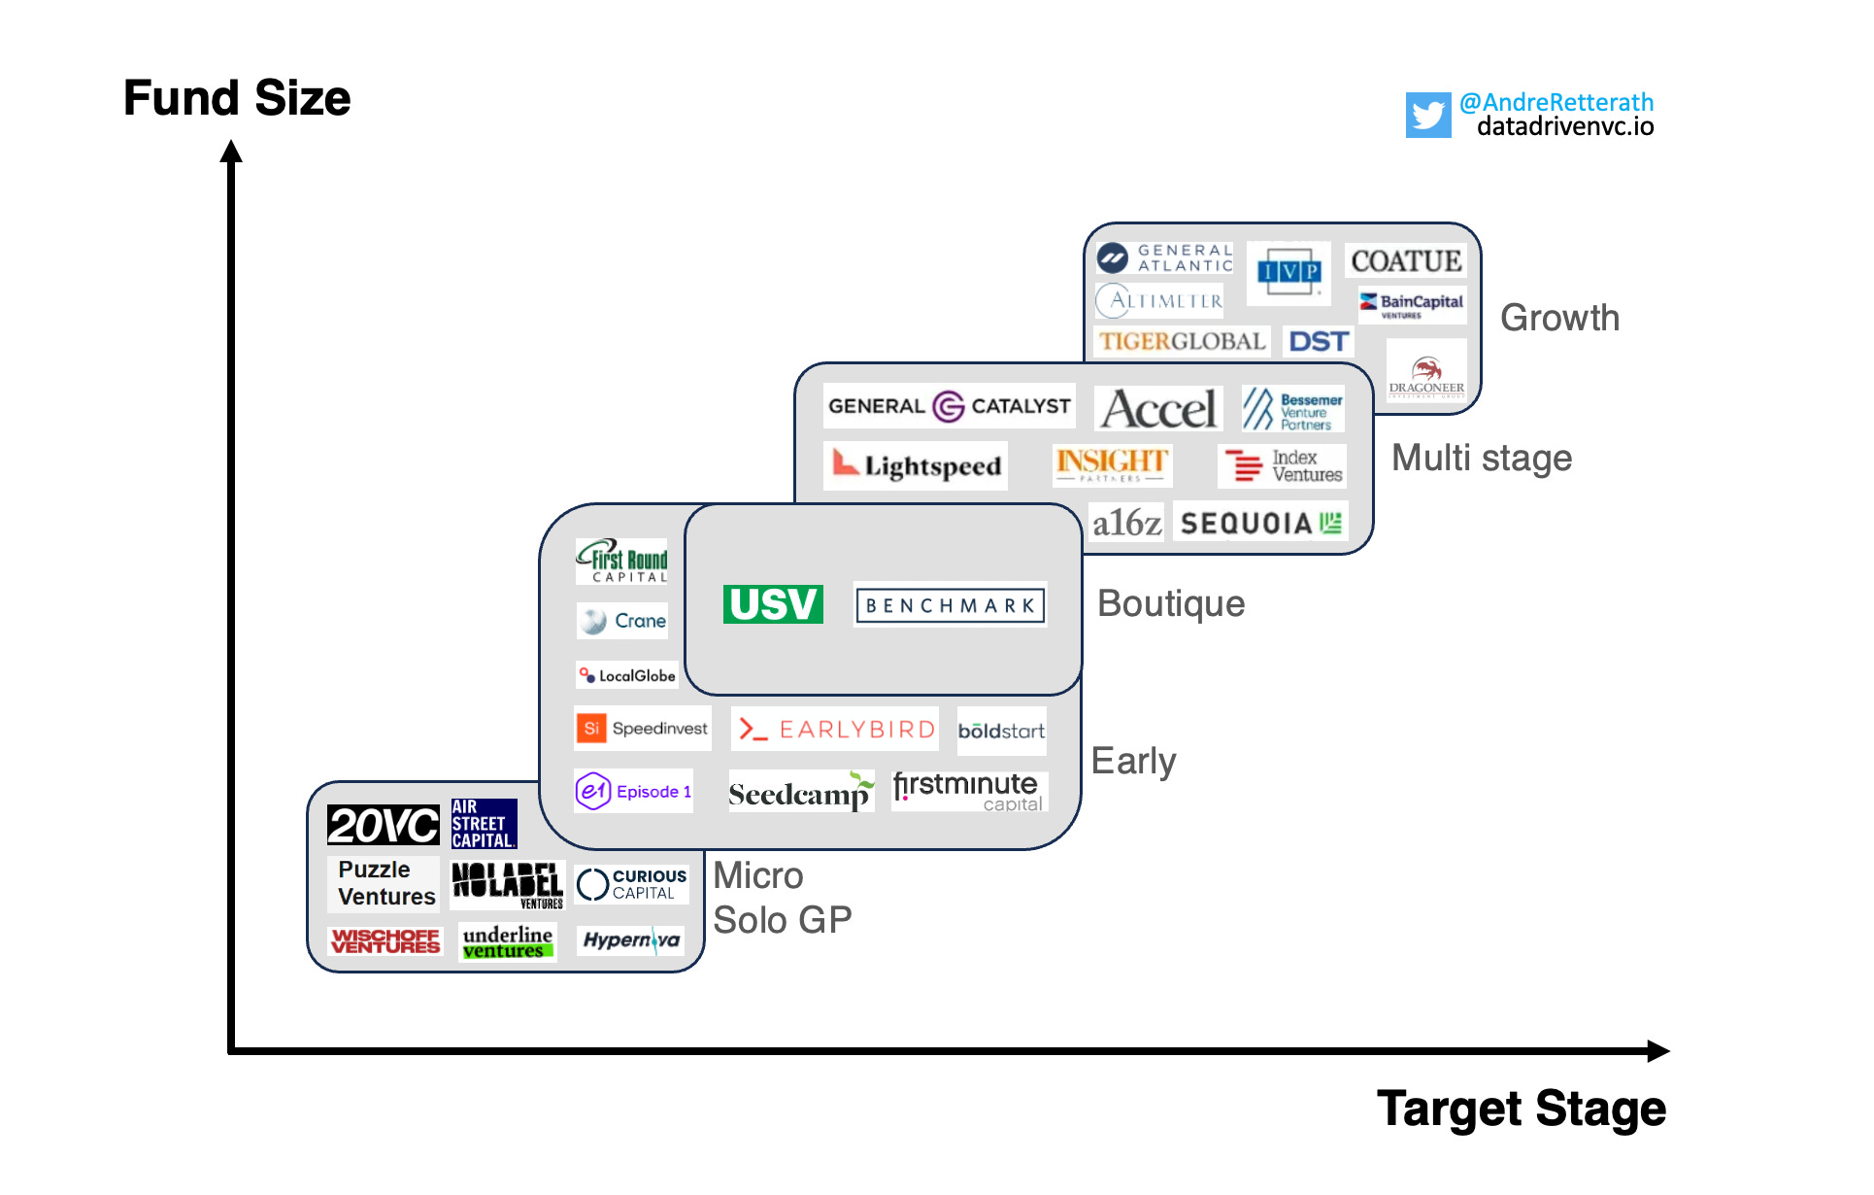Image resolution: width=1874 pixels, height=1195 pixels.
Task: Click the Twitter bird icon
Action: (x=1427, y=116)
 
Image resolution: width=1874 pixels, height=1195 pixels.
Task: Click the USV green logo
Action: (x=773, y=604)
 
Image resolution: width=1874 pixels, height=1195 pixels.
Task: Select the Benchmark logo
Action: (x=950, y=605)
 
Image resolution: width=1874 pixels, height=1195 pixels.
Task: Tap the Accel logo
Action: (x=1159, y=409)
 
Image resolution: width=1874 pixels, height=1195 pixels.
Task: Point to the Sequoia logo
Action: (x=1260, y=524)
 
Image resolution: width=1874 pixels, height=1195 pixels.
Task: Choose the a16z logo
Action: (x=1126, y=524)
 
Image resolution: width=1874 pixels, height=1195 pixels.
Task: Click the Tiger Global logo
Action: (x=1182, y=342)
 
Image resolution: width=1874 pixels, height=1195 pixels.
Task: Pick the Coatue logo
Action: (x=1406, y=261)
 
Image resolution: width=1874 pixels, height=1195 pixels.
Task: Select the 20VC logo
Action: (x=384, y=826)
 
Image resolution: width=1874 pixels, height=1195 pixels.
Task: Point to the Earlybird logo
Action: (x=836, y=730)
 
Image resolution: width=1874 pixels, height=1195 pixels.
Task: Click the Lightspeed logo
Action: (x=917, y=466)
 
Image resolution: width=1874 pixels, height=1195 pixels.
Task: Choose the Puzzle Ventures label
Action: (x=385, y=883)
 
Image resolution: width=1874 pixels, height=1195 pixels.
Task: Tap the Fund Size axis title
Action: (x=237, y=98)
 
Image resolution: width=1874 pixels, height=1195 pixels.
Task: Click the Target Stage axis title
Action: (x=1521, y=1109)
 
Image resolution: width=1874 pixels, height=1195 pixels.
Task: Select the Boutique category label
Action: (x=1171, y=603)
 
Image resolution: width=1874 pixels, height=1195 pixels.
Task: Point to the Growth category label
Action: (x=1559, y=318)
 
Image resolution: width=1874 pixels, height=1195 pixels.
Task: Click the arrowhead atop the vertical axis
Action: (x=231, y=152)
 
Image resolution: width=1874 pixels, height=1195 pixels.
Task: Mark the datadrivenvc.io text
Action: (x=1565, y=127)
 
